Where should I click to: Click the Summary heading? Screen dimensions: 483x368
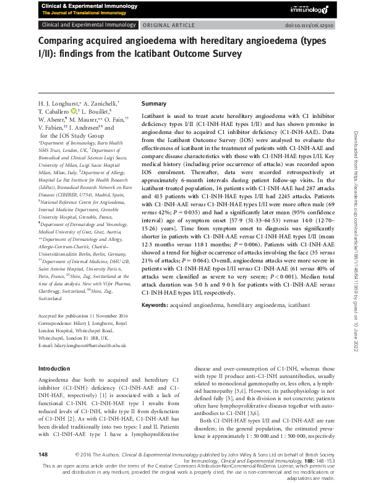click(x=154, y=103)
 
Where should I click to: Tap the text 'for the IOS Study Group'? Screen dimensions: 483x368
click(x=72, y=135)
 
